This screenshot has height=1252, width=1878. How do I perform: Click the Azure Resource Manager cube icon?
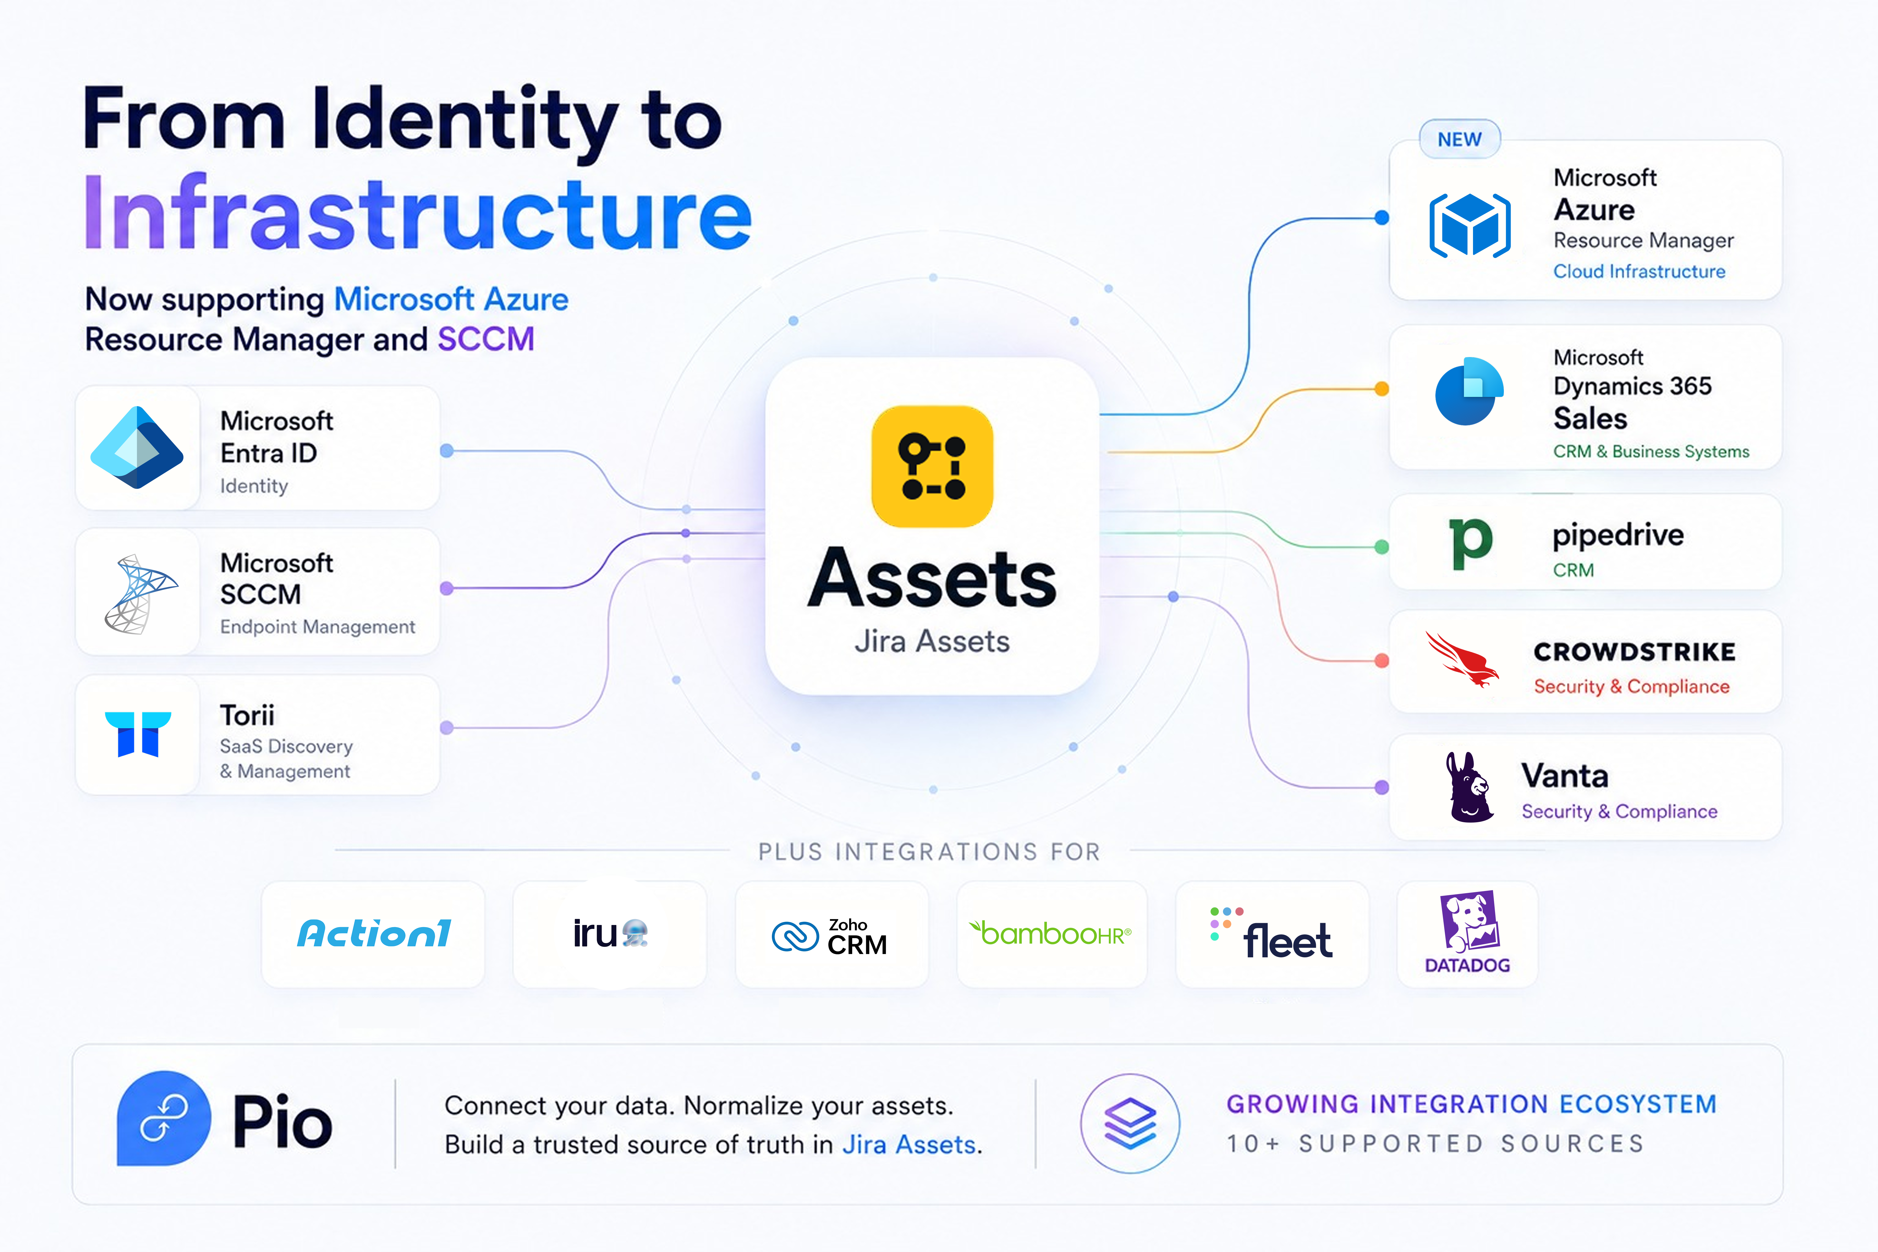click(1469, 225)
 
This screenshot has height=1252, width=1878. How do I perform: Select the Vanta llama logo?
click(1469, 787)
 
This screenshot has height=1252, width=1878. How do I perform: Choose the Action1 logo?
click(374, 933)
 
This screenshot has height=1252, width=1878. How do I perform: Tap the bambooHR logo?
click(1050, 933)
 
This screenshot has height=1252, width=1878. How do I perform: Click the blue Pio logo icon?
click(164, 1118)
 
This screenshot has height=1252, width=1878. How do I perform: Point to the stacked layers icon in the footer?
click(1130, 1123)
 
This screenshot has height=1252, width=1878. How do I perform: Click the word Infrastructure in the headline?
click(418, 212)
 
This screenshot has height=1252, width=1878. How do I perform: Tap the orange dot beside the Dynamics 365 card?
click(1381, 389)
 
